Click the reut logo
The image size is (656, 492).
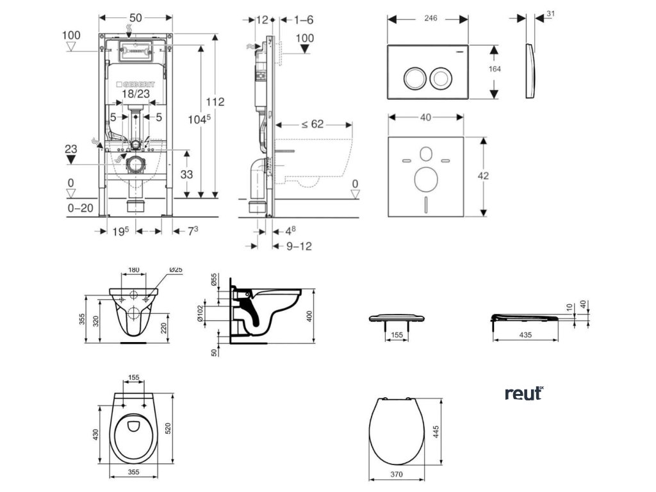point(523,393)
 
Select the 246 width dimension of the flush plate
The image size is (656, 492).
point(430,19)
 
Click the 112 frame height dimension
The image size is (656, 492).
point(215,101)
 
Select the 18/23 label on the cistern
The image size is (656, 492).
point(134,94)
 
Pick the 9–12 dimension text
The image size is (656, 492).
point(299,245)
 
